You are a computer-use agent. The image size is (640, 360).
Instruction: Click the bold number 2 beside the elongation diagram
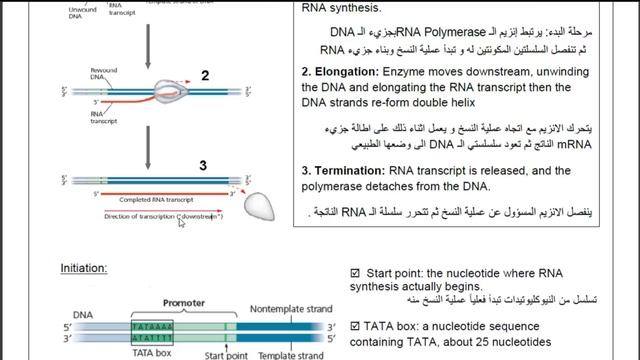click(204, 76)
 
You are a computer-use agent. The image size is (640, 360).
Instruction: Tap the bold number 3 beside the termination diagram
click(203, 165)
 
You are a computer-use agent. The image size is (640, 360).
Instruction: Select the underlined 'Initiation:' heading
click(84, 268)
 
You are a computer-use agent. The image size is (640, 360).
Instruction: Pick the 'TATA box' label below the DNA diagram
click(153, 353)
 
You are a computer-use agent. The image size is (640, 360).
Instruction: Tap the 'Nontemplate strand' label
click(291, 309)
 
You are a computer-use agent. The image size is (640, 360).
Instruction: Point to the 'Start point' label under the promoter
click(225, 354)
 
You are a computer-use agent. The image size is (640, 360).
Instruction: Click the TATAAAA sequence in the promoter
click(153, 324)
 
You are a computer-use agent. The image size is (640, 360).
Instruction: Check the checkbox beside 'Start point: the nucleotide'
click(355, 272)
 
